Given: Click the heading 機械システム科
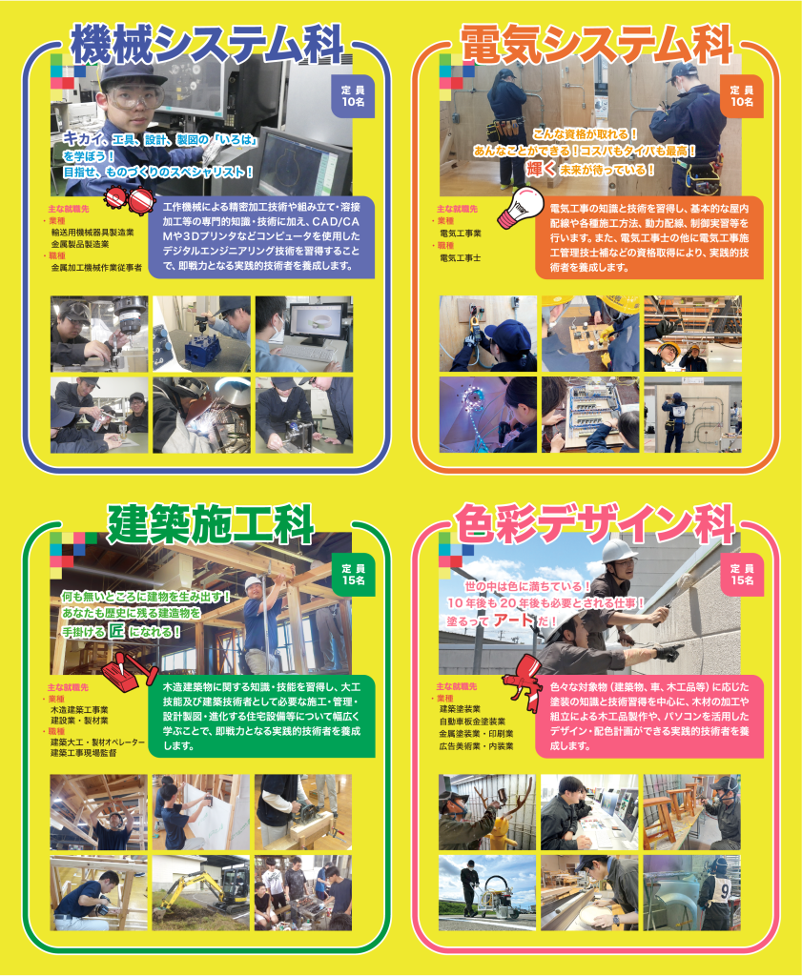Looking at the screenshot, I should click(207, 44).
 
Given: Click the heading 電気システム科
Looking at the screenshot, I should click(597, 44).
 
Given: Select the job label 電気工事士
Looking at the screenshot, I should click(460, 257).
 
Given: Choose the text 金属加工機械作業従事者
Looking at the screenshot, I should click(96, 269).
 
